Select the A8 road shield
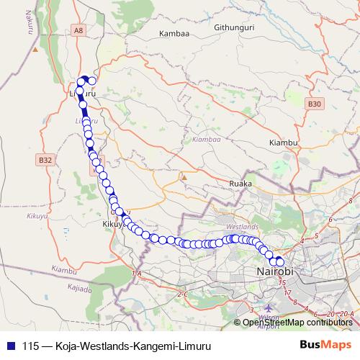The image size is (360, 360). tap(78, 30)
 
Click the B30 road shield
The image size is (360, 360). tap(313, 104)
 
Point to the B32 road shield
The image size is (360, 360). tap(46, 160)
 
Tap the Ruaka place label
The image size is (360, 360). tap(240, 184)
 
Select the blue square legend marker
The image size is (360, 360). tap(11, 344)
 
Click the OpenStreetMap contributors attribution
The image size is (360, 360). tap(297, 322)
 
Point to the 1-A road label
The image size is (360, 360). tap(137, 274)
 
